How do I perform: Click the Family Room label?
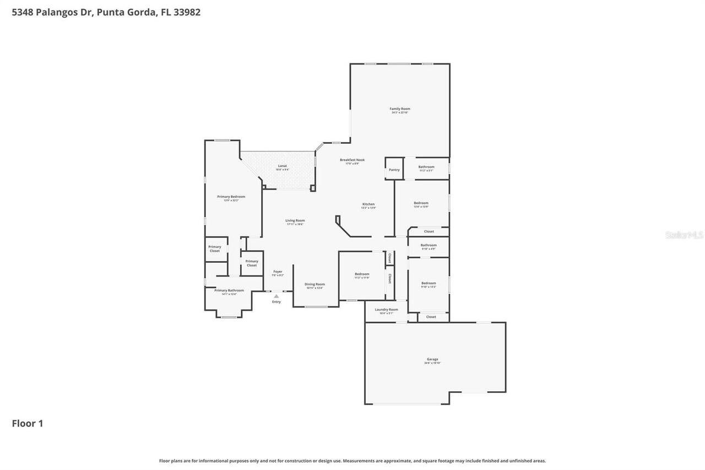point(400,109)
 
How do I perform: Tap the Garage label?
point(432,359)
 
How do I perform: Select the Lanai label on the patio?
point(282,166)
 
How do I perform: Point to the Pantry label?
point(394,170)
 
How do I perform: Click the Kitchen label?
point(368,204)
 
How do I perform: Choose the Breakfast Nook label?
point(352,160)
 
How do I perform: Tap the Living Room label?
point(295,221)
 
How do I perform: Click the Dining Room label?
point(314,284)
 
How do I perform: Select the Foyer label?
point(278,272)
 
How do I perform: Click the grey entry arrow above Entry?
point(276,296)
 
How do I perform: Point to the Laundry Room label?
point(386,310)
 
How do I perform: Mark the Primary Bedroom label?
point(231,197)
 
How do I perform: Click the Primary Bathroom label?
point(229,290)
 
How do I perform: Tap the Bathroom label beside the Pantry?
point(426,167)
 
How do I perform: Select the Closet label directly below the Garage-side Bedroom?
point(431,317)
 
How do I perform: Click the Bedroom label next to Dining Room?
point(362,274)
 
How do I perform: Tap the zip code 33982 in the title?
point(187,12)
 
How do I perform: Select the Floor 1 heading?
point(28,423)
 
